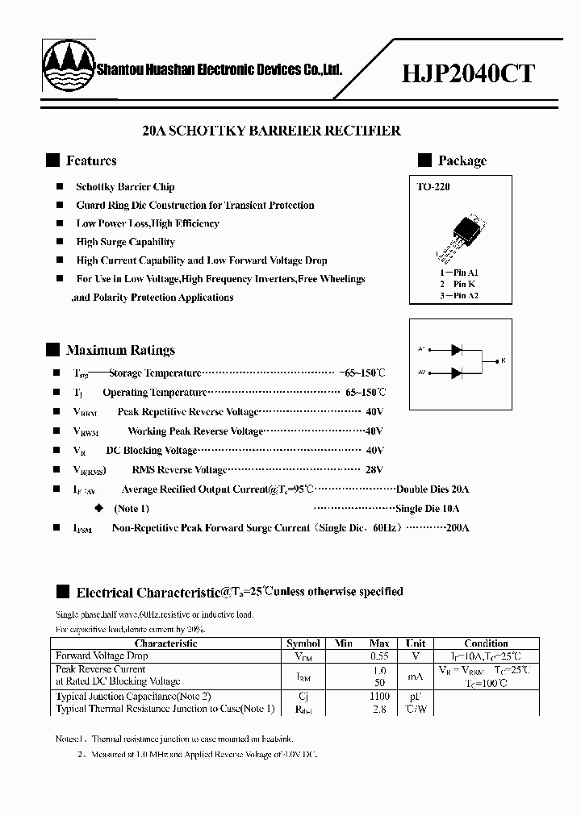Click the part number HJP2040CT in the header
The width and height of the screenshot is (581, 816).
(x=468, y=74)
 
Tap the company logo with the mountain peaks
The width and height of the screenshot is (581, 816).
(x=67, y=67)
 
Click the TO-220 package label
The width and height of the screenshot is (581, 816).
(x=433, y=187)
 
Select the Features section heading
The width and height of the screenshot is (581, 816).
(x=91, y=160)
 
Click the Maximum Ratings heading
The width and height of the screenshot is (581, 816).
(x=120, y=350)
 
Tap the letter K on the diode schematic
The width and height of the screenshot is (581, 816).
(x=504, y=360)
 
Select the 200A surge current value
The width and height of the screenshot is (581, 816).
(x=457, y=528)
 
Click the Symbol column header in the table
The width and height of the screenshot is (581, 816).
(x=303, y=643)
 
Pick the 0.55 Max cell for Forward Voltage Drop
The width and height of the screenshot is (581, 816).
(x=379, y=656)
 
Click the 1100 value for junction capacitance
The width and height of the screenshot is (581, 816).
(x=379, y=696)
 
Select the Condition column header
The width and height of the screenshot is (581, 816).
(x=486, y=643)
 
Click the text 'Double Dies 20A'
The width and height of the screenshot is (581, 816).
(x=433, y=489)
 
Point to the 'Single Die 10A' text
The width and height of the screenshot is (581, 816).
(x=428, y=509)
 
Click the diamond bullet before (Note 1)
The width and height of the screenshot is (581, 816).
(x=99, y=508)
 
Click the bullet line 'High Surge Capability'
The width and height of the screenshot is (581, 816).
(x=125, y=242)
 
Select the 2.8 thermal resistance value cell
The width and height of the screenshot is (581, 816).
(x=379, y=710)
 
